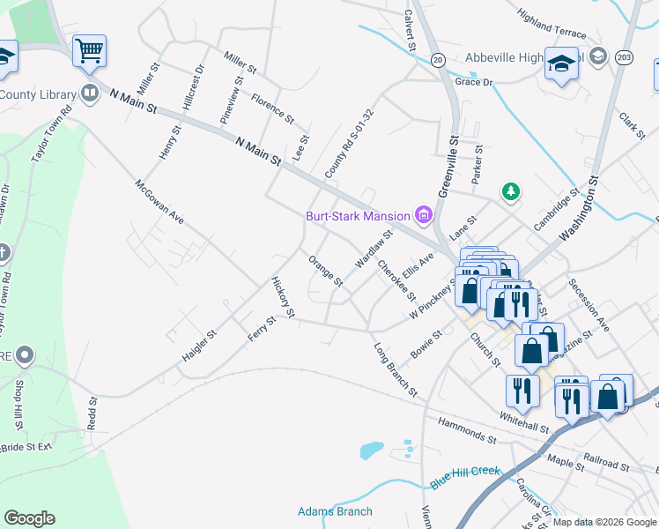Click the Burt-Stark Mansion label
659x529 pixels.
[358, 216]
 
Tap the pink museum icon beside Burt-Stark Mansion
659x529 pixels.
[423, 215]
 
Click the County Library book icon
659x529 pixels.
[89, 93]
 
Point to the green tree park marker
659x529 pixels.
[509, 190]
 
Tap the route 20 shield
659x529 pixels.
[438, 59]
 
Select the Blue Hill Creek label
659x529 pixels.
[465, 478]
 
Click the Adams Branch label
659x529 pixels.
[335, 511]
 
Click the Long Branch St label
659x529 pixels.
[394, 369]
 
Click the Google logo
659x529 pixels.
[29, 518]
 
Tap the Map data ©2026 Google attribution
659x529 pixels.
[604, 522]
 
